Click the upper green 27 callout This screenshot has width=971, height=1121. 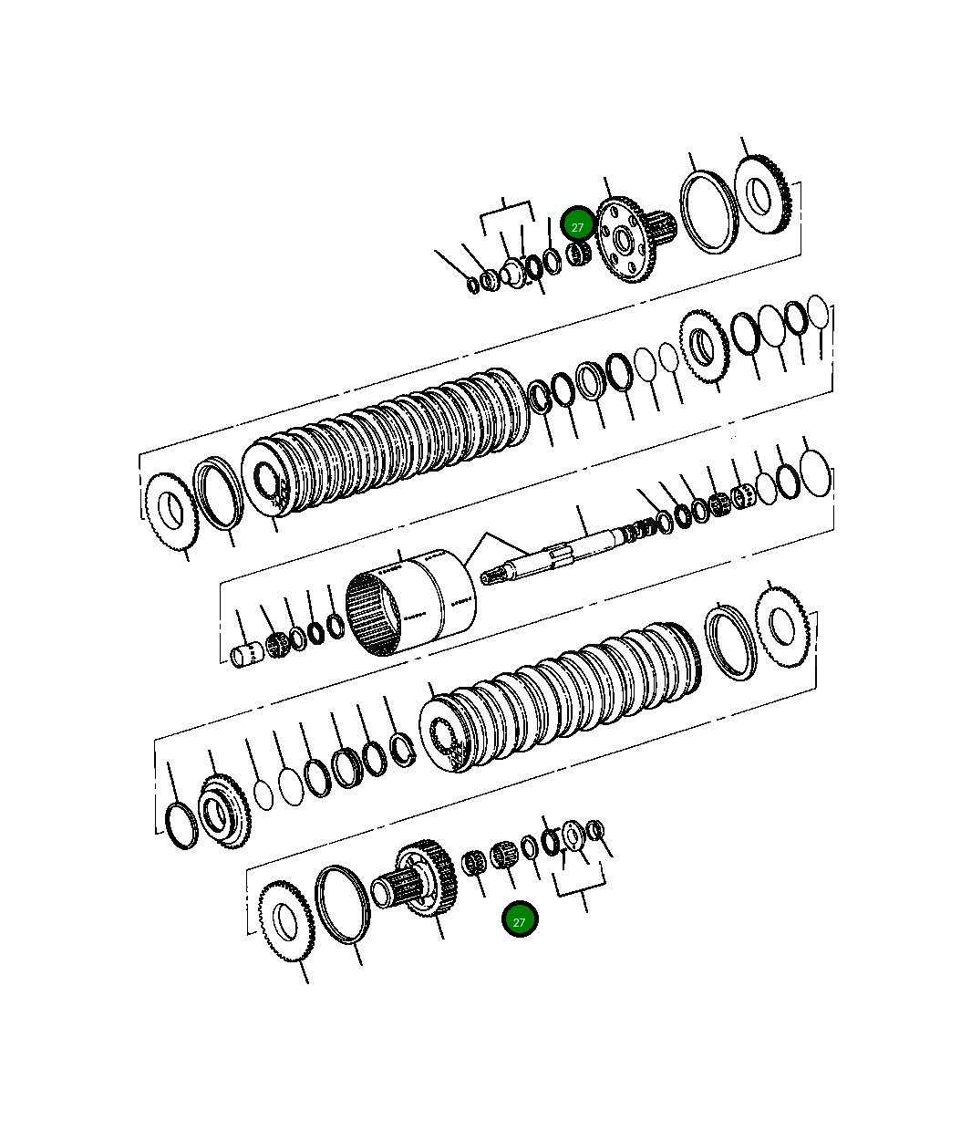coord(577,227)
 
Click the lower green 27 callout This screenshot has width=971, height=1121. coord(520,921)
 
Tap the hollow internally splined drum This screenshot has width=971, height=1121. coord(410,601)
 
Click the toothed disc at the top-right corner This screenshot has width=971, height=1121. coord(762,194)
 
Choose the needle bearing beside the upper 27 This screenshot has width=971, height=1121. coord(578,254)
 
